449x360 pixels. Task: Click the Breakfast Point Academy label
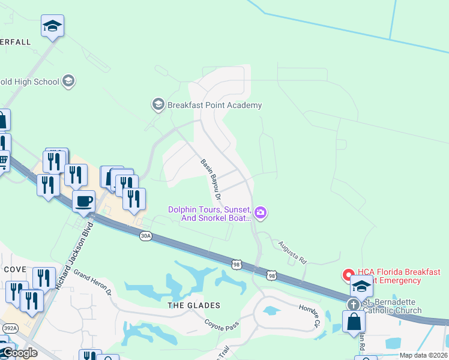(214, 106)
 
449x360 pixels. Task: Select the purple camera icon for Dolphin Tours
(261, 213)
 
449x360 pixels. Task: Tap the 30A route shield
(145, 236)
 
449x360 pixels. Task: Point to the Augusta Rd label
(292, 253)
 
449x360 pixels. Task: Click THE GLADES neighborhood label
(194, 305)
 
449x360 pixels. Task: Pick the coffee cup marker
(84, 200)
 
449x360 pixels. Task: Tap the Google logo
(19, 353)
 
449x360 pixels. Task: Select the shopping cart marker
(2, 161)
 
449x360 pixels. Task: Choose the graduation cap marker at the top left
(53, 26)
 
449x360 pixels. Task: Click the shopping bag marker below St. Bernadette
(354, 322)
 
